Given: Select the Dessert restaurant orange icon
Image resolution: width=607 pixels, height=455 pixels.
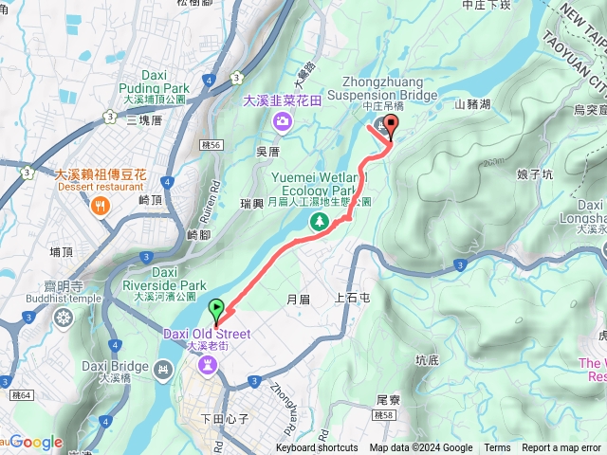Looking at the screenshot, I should [100, 208].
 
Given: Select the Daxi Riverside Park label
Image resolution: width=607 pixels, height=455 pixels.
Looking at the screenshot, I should [164, 278].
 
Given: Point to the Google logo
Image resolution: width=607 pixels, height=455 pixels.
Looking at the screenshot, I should [36, 442].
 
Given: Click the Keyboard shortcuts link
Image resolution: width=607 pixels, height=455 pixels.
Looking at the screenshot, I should [317, 448].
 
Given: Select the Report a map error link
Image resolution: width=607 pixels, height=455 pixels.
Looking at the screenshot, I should [562, 448].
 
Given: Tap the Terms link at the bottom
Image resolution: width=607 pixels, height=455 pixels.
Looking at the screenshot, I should [497, 448].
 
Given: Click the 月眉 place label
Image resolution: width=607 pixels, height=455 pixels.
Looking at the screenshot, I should [298, 299].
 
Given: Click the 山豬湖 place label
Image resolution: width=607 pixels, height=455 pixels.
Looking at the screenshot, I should [472, 104].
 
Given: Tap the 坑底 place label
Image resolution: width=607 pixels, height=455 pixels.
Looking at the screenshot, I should [428, 360].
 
